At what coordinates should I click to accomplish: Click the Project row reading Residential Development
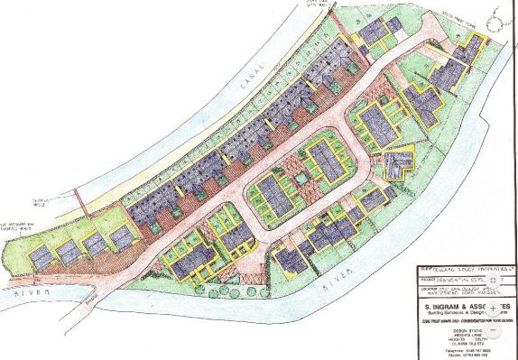pos(456,281)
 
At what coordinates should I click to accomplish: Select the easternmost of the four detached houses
pos(119,238)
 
